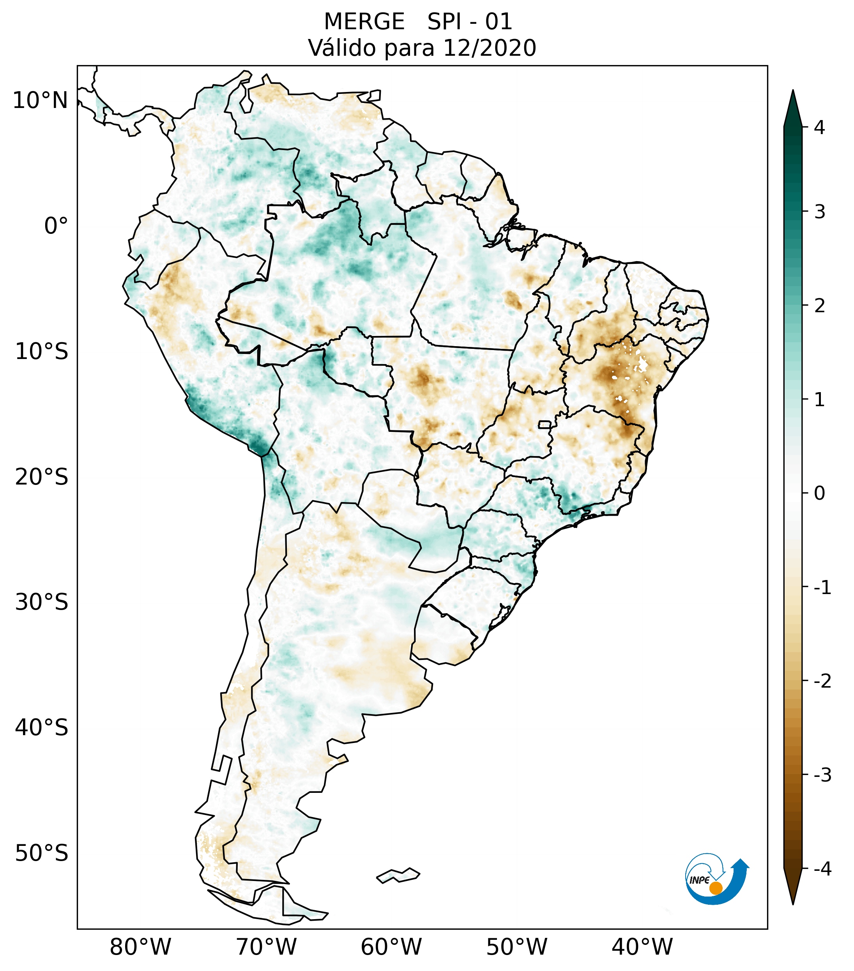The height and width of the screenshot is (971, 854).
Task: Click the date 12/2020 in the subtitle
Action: point(489,48)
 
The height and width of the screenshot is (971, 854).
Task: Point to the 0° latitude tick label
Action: point(56,226)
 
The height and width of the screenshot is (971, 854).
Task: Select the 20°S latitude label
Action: point(42,477)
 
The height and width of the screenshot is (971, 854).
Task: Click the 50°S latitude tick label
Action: point(42,853)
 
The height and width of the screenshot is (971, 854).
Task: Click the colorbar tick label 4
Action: point(819,127)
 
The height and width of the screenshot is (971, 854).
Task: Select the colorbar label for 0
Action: point(819,493)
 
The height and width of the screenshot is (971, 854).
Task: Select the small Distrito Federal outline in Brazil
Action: point(544,424)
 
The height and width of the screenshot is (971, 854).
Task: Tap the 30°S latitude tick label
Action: point(42,602)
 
